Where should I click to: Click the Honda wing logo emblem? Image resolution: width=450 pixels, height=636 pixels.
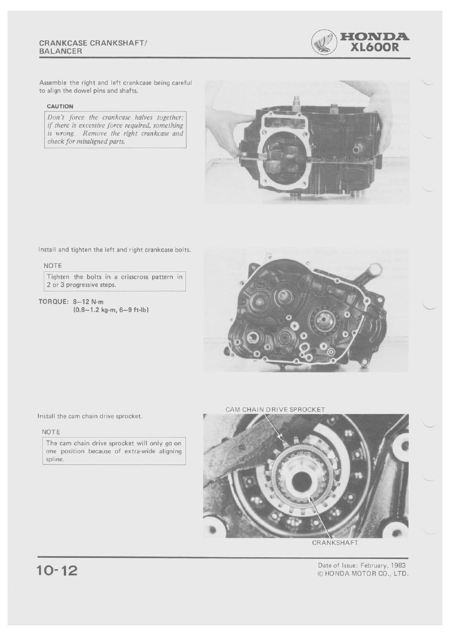(324, 42)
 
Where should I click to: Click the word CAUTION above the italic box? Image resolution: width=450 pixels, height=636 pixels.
(60, 107)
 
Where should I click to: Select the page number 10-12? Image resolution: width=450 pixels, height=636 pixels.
(56, 571)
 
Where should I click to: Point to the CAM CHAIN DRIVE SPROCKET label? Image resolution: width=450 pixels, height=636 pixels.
(275, 409)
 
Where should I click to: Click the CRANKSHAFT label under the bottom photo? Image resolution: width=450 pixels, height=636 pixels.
(335, 543)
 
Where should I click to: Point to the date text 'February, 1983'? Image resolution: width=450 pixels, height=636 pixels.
(384, 566)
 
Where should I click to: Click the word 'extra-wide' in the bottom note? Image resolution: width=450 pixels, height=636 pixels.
(125, 452)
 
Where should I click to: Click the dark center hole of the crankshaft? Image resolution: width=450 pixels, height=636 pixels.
(301, 482)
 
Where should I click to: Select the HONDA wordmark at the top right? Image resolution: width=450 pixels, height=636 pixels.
(375, 37)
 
